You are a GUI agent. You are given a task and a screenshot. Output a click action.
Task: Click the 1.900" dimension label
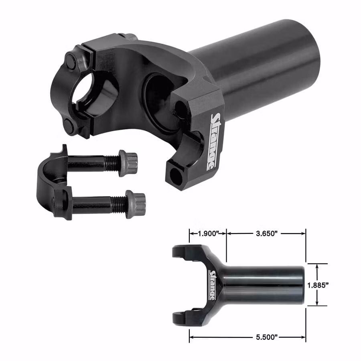coord(208,234)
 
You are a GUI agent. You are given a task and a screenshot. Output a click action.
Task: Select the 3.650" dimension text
coord(266,234)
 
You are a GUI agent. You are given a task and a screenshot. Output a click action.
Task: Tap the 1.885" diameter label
coord(318,285)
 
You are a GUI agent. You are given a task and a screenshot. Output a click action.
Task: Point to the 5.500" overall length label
coord(266,337)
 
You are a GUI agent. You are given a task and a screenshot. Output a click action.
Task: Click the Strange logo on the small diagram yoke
coord(213,285)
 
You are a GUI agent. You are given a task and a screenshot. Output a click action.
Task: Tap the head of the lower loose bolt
coord(136,204)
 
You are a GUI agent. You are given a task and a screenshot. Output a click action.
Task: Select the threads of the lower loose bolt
coord(119,204)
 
